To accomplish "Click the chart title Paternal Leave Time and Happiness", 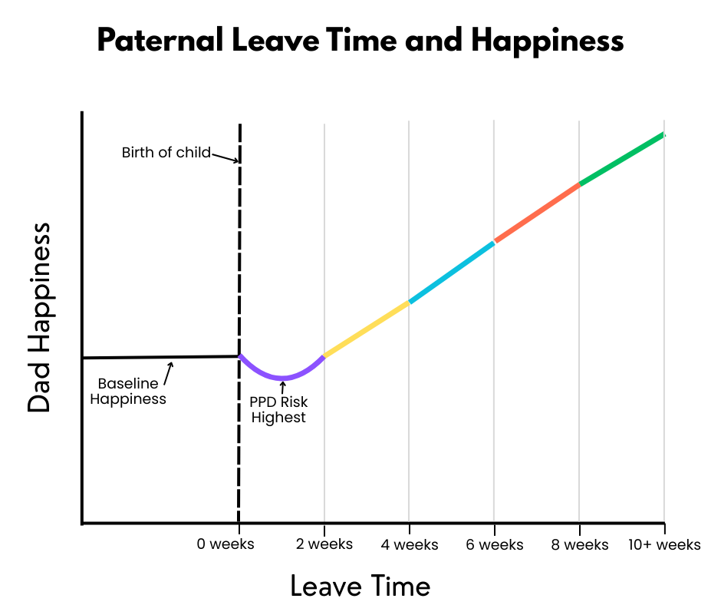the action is point(360,41).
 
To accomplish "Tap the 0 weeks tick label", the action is point(226,544).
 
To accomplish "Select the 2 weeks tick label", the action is point(324,544).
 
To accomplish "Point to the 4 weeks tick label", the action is point(410,544).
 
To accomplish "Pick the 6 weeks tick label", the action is point(494,544).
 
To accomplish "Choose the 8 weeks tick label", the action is point(579,544).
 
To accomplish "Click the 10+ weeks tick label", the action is point(664,544).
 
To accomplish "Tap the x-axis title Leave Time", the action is point(360,586).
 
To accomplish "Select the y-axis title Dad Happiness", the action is point(39,318).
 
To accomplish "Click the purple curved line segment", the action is point(282,378).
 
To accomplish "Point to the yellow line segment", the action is point(367,329).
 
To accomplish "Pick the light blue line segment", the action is point(452,272).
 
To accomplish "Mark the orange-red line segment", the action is point(537,213).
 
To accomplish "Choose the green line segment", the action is point(622,159).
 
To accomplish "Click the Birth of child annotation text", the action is point(166,152).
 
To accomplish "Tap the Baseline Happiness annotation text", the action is point(128,391).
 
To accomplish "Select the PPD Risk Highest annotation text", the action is point(278,409).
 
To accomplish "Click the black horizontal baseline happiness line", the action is point(160,357).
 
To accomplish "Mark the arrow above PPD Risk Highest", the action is point(282,388).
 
